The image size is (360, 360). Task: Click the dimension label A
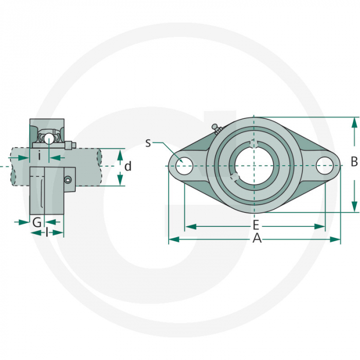257,239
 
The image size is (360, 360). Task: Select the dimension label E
256,226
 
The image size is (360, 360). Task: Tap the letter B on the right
354,162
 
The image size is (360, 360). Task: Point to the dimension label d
128,166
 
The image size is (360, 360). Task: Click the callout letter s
148,142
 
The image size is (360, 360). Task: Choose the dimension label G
37,222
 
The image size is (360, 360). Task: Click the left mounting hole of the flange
184,166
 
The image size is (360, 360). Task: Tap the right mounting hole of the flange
325,166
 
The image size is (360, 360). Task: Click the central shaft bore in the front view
253,166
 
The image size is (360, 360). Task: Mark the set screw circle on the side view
67,179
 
